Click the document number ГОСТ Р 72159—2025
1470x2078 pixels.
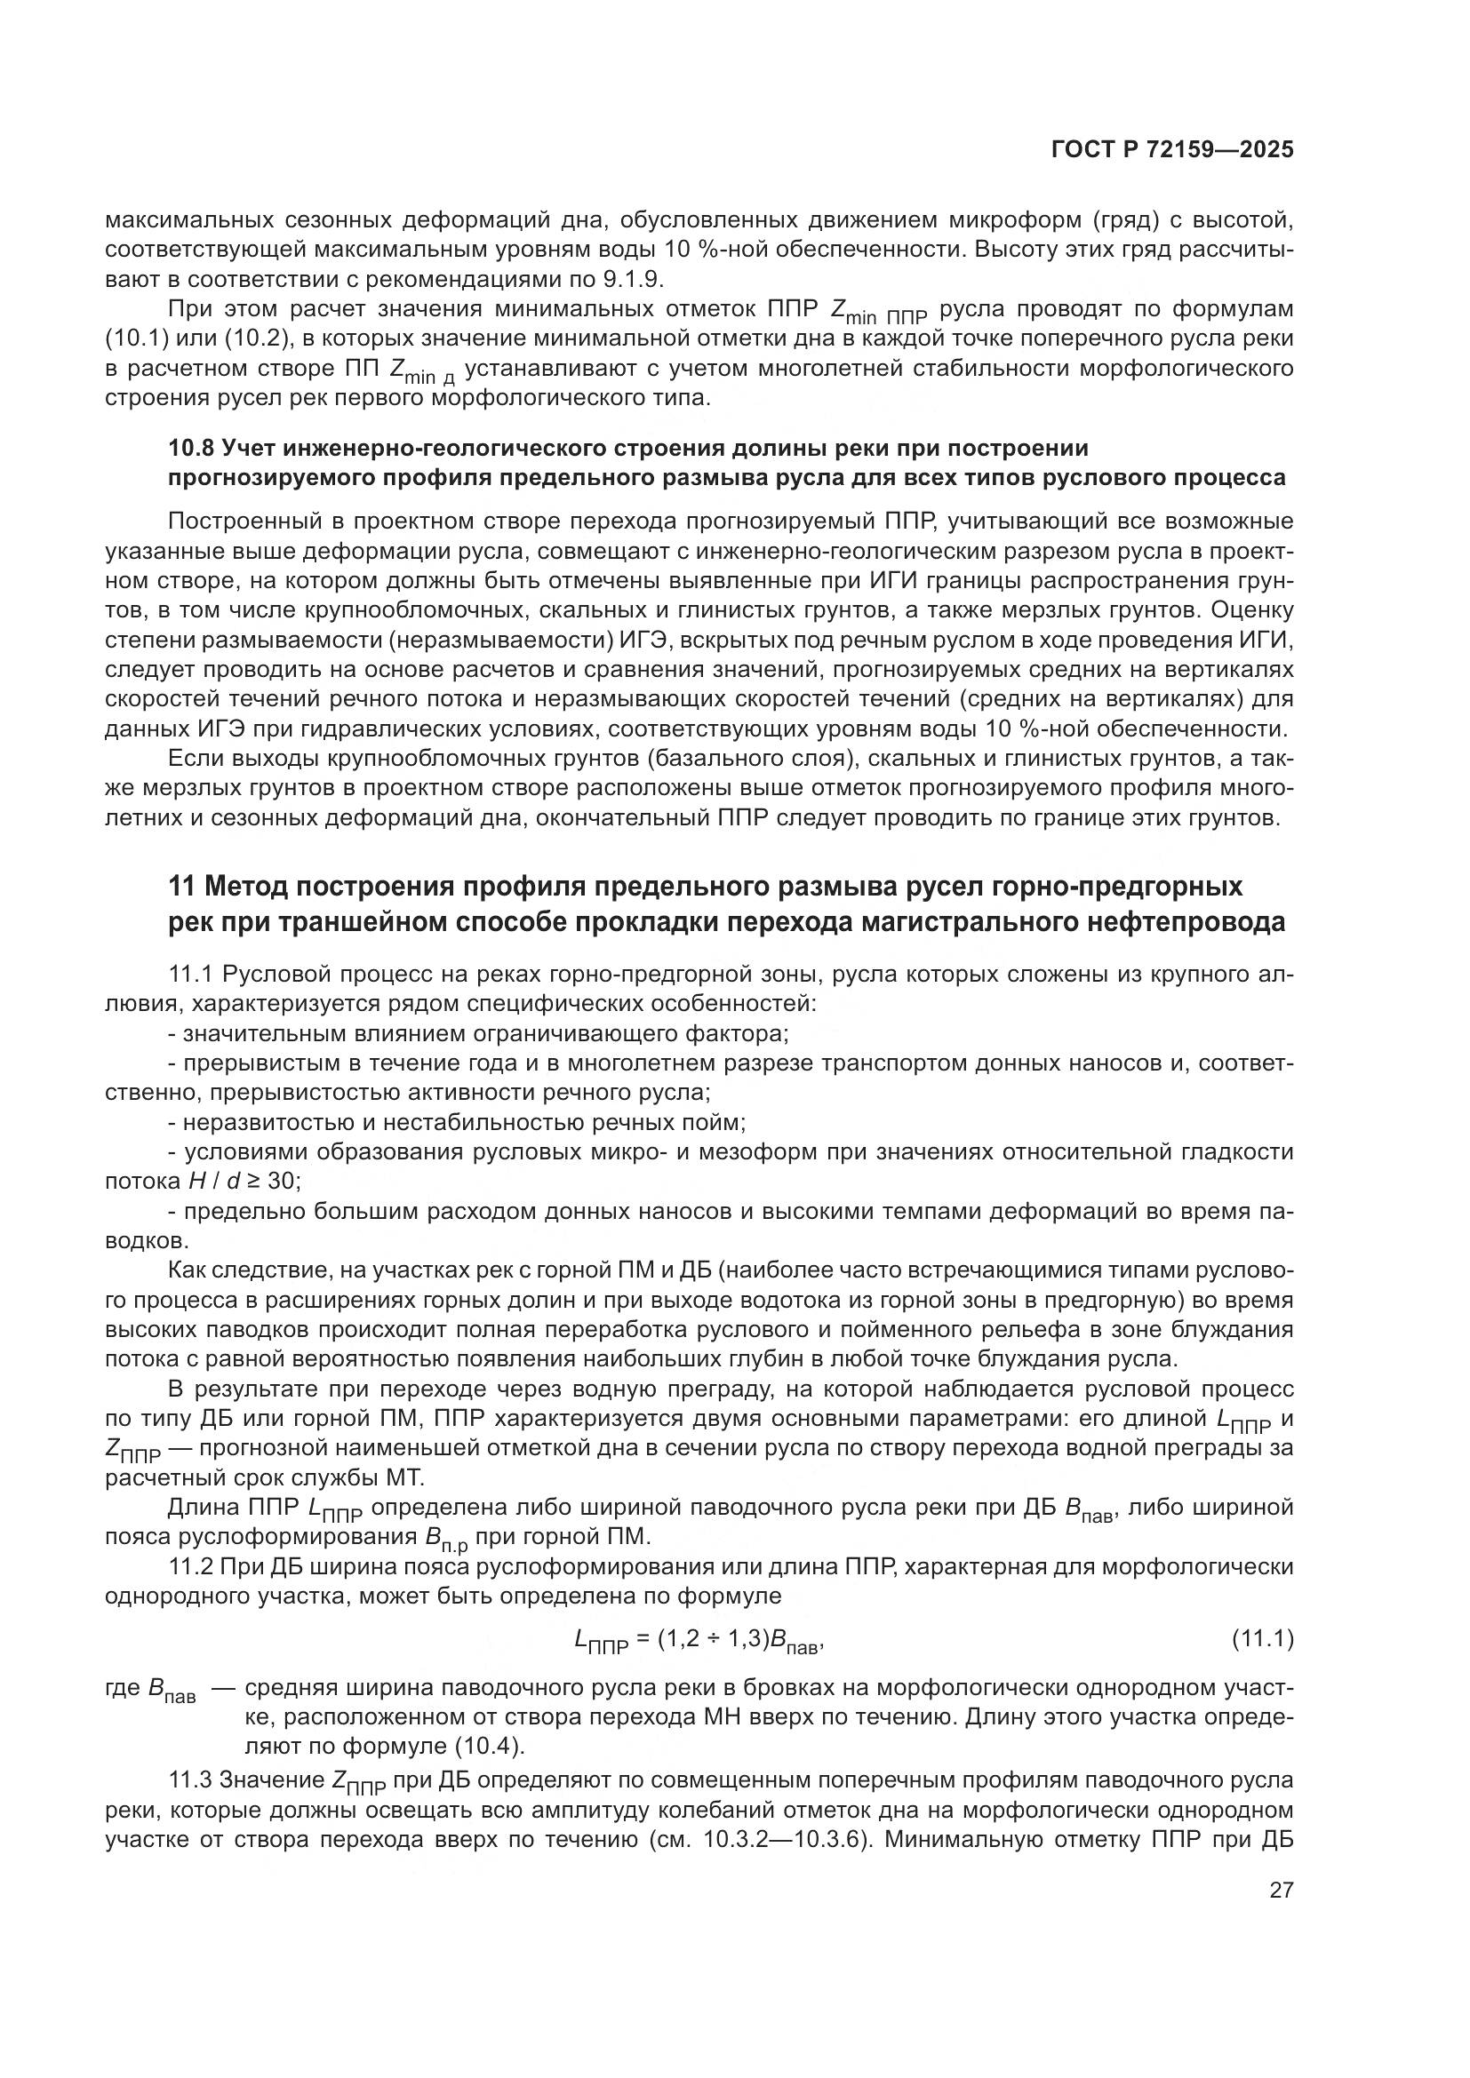(1172, 149)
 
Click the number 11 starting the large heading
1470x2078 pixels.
(182, 886)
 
